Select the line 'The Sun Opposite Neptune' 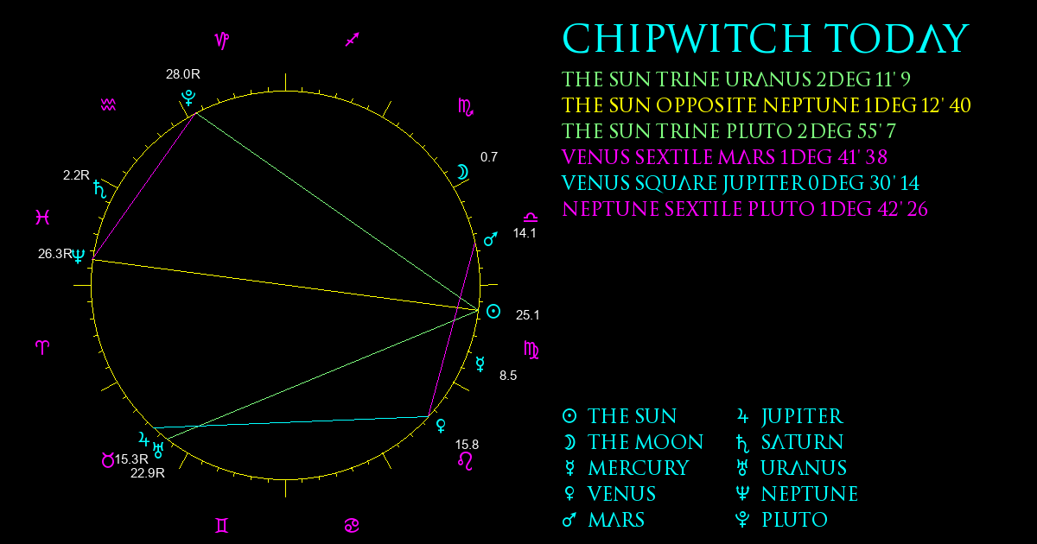pyautogui.click(x=767, y=105)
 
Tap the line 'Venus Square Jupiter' pyautogui.click(x=741, y=183)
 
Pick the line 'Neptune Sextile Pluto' pyautogui.click(x=744, y=209)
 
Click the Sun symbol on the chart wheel pyautogui.click(x=493, y=312)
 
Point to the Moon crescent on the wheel pyautogui.click(x=462, y=172)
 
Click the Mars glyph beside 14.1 pyautogui.click(x=491, y=238)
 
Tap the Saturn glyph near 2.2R pyautogui.click(x=100, y=189)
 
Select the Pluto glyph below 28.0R pyautogui.click(x=188, y=98)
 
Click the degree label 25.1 pyautogui.click(x=527, y=315)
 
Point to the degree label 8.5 pyautogui.click(x=508, y=375)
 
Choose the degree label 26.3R pyautogui.click(x=55, y=254)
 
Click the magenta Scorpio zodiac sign pyautogui.click(x=466, y=107)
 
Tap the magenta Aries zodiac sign pyautogui.click(x=42, y=347)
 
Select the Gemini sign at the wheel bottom pyautogui.click(x=222, y=526)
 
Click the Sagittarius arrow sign pyautogui.click(x=353, y=40)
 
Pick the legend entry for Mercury pyautogui.click(x=626, y=468)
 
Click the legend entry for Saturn pyautogui.click(x=790, y=442)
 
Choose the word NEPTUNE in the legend pyautogui.click(x=810, y=494)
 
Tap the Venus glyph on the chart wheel pyautogui.click(x=442, y=426)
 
